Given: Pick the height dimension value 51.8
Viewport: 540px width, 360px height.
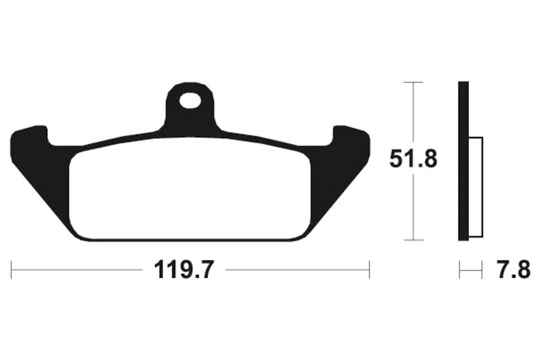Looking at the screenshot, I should (x=413, y=160).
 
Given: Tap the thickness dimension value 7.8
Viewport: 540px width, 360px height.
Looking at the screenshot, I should (x=513, y=271).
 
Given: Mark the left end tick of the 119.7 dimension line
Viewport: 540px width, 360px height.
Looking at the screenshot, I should (x=11, y=270).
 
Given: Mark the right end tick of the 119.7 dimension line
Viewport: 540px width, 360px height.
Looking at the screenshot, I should (x=369, y=270).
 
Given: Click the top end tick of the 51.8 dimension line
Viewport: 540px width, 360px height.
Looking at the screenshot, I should (x=413, y=82).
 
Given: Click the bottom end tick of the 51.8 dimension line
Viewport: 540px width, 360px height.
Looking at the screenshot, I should (x=413, y=240).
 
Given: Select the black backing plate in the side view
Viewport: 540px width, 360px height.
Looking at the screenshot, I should (x=463, y=160).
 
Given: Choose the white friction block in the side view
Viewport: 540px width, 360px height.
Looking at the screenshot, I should (x=475, y=187).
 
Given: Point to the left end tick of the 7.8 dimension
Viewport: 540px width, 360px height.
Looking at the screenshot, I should (x=460, y=271).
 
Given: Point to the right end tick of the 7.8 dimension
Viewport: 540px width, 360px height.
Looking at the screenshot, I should (x=482, y=271).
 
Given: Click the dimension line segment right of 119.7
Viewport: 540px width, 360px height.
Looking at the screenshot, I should (x=297, y=270).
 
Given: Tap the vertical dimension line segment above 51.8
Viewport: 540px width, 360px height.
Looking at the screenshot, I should (x=413, y=115).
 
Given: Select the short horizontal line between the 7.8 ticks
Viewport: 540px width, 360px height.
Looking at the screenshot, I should (x=470, y=271).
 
